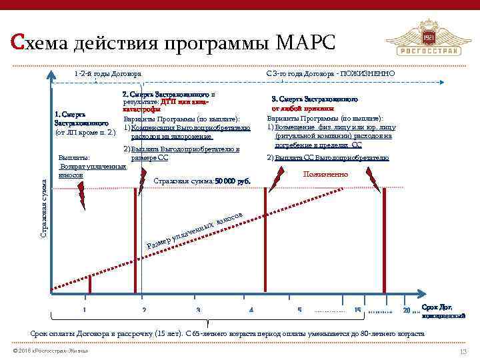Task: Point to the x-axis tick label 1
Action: [84, 310]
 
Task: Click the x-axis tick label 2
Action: [144, 310]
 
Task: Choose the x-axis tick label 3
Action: [198, 310]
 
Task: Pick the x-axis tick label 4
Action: [251, 310]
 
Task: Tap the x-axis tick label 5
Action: [299, 310]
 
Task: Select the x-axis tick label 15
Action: [357, 310]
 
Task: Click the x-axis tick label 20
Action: [407, 310]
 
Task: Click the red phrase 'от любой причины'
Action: [311, 108]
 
